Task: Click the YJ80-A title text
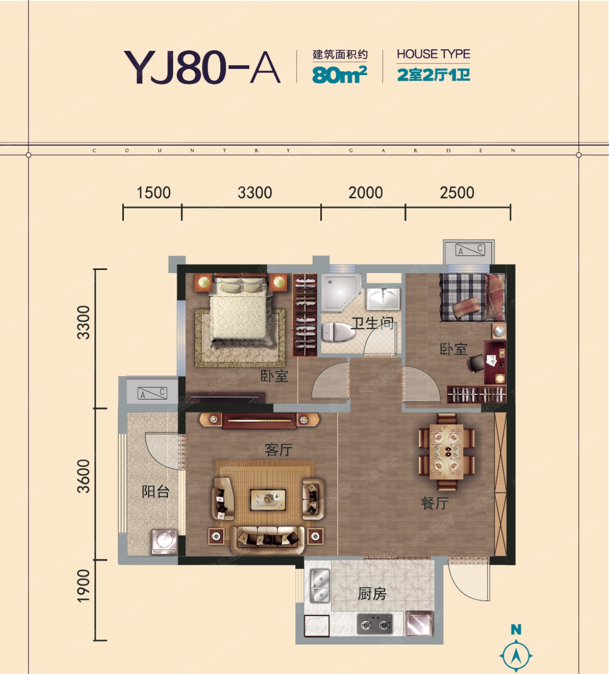click(x=202, y=67)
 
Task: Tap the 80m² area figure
click(x=340, y=75)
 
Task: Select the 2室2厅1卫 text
click(x=433, y=75)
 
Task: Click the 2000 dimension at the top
click(x=365, y=193)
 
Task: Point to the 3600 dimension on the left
click(x=84, y=476)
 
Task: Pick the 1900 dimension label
click(x=84, y=586)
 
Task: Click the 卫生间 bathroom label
click(x=373, y=323)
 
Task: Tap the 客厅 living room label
click(x=279, y=450)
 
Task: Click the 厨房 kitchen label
click(x=371, y=594)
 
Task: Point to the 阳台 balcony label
click(x=155, y=492)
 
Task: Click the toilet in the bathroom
click(x=338, y=332)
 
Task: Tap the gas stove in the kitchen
click(x=375, y=624)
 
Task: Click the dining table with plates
click(x=446, y=452)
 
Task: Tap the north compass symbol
click(x=516, y=649)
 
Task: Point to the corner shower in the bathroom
click(x=340, y=292)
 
